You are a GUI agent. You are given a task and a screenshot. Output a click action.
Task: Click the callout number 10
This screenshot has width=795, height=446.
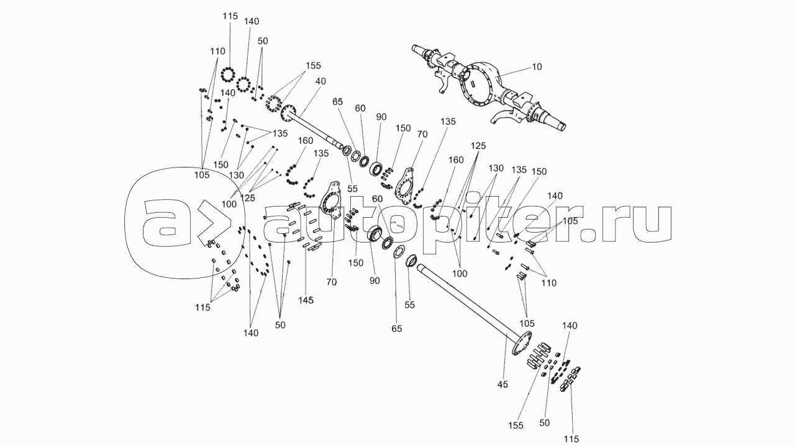(x=537, y=67)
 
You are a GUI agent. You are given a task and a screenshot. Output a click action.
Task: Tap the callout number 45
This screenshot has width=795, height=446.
(x=502, y=385)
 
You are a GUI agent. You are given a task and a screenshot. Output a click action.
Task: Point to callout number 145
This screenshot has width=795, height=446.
(x=305, y=300)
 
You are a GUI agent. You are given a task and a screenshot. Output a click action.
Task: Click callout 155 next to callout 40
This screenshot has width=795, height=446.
(x=312, y=65)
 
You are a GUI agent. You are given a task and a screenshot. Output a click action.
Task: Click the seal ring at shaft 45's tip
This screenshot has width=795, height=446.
(x=411, y=259)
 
